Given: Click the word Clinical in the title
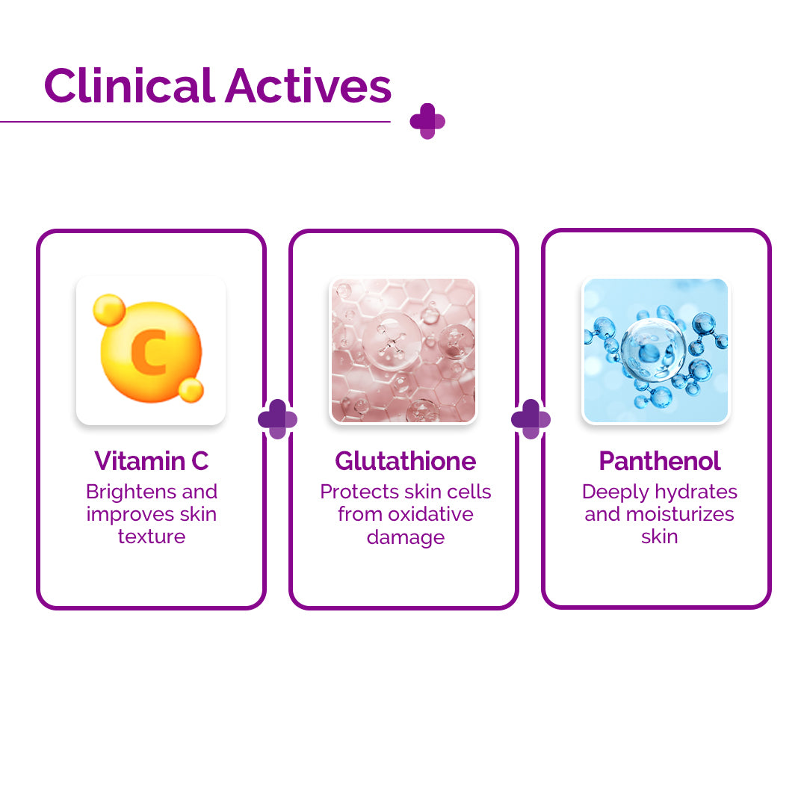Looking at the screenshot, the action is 129,85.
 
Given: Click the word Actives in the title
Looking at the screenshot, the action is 309,85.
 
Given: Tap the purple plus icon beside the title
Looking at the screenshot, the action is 427,122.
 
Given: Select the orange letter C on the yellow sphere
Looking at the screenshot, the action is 149,352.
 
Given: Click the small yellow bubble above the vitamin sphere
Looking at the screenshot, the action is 109,310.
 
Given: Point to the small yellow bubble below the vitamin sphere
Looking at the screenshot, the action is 191,390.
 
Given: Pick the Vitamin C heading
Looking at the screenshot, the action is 151,460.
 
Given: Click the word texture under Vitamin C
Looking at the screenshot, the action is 151,537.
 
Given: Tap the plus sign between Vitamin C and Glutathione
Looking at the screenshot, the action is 277,419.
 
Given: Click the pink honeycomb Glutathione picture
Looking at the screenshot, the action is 403,350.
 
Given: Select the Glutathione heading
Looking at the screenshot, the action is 406,460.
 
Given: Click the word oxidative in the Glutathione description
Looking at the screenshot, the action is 431,514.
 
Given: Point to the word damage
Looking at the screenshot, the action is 406,537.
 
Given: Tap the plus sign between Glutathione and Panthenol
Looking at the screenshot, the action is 531,419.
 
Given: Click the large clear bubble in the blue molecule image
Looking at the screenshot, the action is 653,350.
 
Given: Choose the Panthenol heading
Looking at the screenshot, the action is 660,460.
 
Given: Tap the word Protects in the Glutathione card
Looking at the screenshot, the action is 353,492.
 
